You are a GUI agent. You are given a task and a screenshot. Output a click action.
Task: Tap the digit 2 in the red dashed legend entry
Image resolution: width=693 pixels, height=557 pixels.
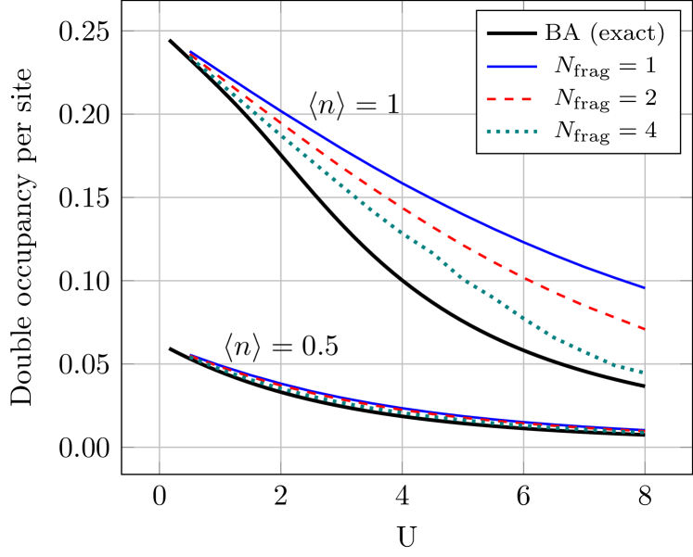(x=650, y=98)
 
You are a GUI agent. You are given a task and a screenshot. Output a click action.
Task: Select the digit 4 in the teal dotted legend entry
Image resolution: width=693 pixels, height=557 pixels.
(x=650, y=131)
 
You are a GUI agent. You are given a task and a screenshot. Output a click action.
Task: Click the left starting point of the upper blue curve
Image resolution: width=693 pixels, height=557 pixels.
(x=189, y=52)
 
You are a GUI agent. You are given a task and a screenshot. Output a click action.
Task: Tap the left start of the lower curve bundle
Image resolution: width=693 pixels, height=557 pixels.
(x=189, y=356)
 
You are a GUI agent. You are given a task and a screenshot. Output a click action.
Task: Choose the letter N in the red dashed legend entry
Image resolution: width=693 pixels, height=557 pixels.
(x=564, y=97)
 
